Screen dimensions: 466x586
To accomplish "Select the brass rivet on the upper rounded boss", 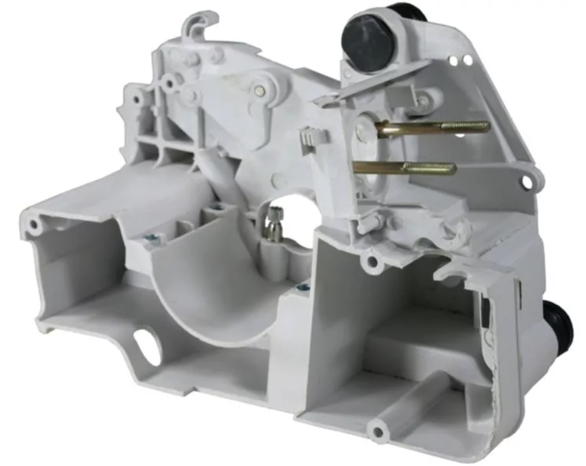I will point(259,90).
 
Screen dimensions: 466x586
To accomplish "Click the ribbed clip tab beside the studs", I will point(312,138).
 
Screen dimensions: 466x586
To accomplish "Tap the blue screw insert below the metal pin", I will point(303,287).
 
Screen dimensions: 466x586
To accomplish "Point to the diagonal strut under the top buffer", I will point(376,85).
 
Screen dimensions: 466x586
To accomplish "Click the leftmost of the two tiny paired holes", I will point(453,60).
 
